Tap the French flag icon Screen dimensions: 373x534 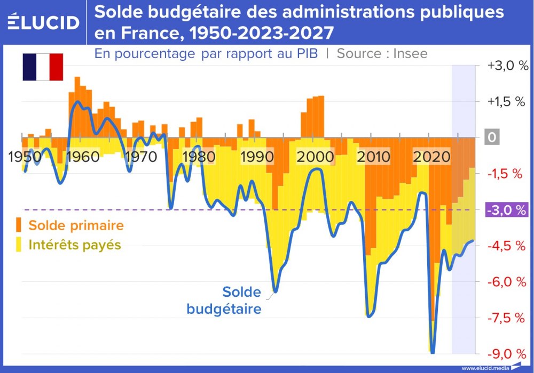click(43, 67)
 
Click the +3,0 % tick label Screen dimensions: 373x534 click(507, 66)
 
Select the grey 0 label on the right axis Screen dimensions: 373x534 click(492, 138)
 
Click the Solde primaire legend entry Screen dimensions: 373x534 click(76, 225)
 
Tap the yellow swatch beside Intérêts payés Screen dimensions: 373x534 click(19, 245)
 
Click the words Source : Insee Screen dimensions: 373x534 click(382, 53)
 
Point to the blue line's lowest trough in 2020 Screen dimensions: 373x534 click(432, 352)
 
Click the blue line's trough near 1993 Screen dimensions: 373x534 click(275, 291)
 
